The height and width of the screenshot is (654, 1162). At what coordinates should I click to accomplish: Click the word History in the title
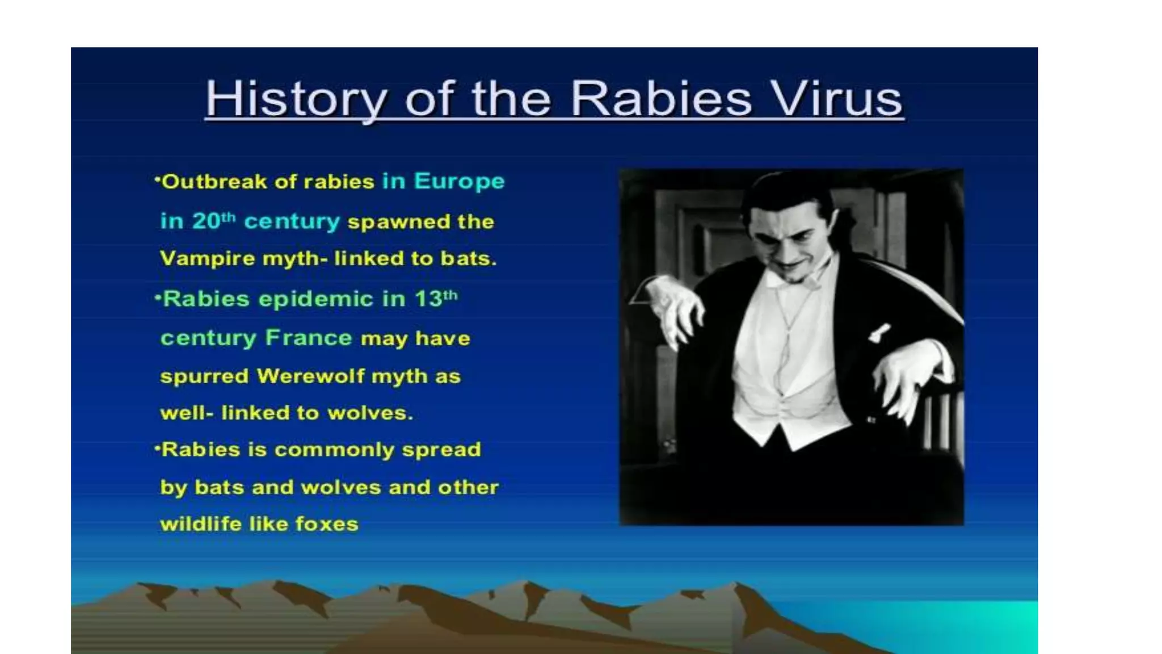click(x=296, y=99)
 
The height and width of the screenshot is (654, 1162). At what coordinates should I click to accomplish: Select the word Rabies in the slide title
click(x=661, y=99)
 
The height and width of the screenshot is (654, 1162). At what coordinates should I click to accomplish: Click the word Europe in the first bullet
click(x=459, y=182)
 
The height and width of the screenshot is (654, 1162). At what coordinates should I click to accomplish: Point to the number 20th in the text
click(x=213, y=221)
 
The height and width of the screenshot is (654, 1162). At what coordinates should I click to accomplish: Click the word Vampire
click(x=207, y=259)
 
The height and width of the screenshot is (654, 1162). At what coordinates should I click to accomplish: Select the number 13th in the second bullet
click(x=435, y=299)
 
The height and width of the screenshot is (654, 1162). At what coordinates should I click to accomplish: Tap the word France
click(x=309, y=338)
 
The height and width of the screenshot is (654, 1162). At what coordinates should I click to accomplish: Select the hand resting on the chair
click(x=908, y=380)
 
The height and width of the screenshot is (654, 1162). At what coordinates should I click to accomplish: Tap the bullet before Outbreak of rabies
click(x=157, y=179)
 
